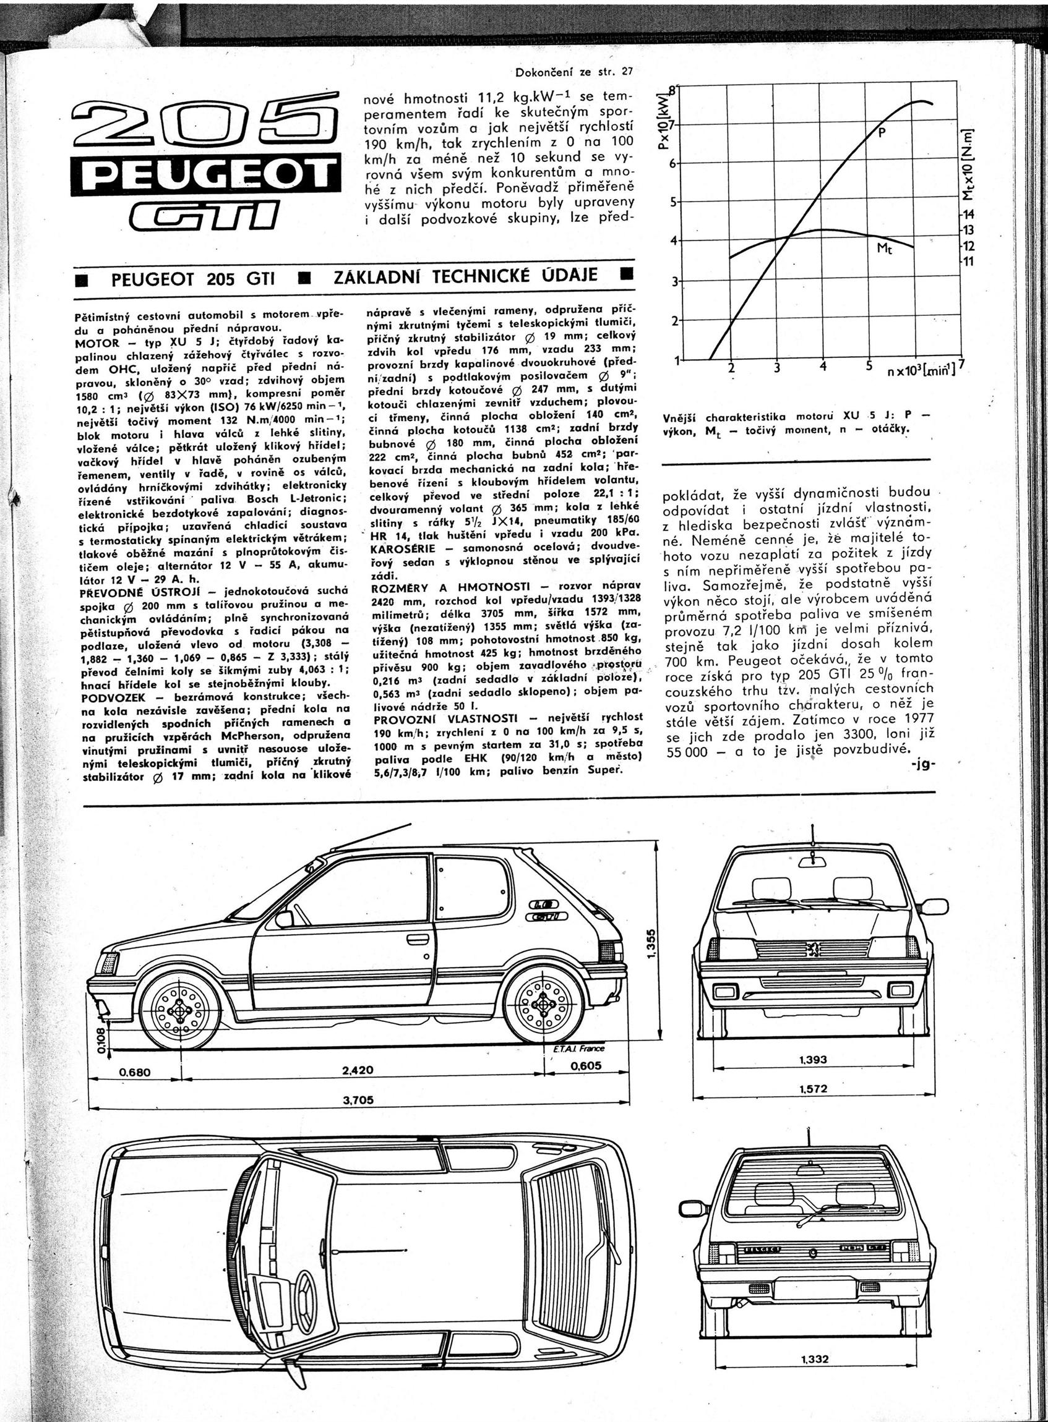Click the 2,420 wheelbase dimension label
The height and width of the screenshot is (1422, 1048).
pyautogui.click(x=358, y=1070)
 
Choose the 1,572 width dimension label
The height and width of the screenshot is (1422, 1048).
pyautogui.click(x=814, y=1089)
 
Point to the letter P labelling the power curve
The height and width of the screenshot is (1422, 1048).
pyautogui.click(x=881, y=134)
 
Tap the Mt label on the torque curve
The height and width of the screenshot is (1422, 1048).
pyautogui.click(x=884, y=249)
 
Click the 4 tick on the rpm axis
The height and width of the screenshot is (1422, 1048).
pyautogui.click(x=823, y=367)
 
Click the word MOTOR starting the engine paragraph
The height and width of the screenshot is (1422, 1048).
pyautogui.click(x=97, y=341)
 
